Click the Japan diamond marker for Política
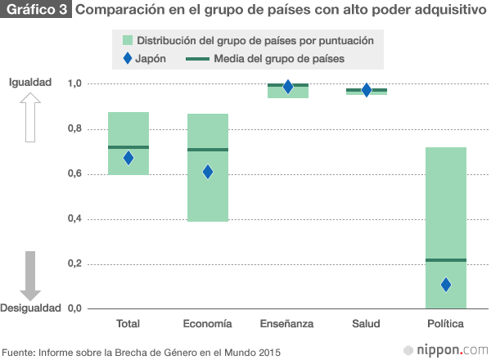click(446, 285)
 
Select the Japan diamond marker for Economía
click(208, 172)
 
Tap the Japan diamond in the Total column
click(128, 158)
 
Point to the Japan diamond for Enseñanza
click(288, 88)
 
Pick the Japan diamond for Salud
click(367, 90)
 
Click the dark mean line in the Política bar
click(446, 260)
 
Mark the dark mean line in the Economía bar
click(208, 150)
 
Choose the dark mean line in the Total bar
click(128, 147)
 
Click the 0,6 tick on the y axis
click(76, 173)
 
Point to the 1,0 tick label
click(76, 83)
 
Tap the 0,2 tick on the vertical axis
click(76, 263)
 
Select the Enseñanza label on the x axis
click(288, 324)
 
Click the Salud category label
click(367, 324)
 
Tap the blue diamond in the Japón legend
click(125, 59)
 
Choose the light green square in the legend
click(126, 40)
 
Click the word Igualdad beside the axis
click(30, 82)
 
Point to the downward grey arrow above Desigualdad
click(30, 275)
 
